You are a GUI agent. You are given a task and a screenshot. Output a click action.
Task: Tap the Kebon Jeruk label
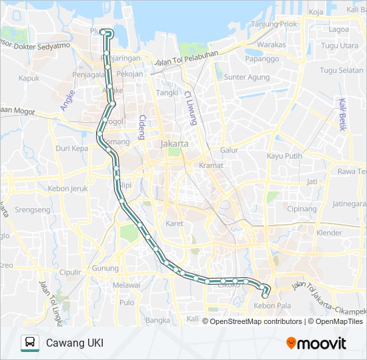(68, 189)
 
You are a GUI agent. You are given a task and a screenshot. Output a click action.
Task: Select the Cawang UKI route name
(74, 343)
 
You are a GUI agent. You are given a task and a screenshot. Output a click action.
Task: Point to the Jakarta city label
(175, 143)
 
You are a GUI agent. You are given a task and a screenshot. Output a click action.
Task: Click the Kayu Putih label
(284, 156)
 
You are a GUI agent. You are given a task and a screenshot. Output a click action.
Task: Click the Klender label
(329, 233)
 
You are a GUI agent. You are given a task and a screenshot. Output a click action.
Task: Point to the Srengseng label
(32, 209)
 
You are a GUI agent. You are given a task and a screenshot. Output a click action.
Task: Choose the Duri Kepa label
(71, 148)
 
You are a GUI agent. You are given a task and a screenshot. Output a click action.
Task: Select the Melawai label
(127, 285)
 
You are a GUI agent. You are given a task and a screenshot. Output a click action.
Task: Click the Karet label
(174, 223)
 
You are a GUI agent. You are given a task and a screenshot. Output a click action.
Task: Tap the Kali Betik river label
(343, 114)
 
